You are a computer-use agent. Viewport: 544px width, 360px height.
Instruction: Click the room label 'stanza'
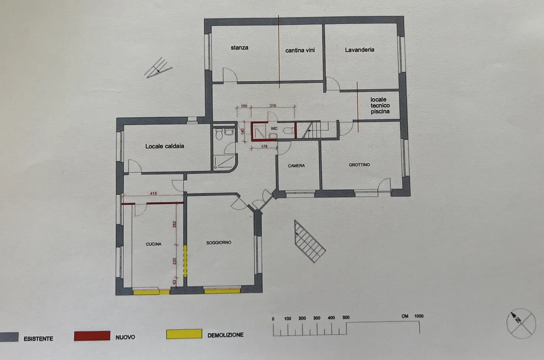[x=240, y=48]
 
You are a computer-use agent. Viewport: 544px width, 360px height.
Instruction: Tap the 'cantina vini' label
[x=300, y=50]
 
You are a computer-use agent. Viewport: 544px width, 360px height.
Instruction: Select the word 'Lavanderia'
[x=359, y=50]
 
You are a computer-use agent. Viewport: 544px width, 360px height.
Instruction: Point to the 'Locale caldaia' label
[x=165, y=146]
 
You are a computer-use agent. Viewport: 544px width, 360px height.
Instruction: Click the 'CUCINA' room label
[x=153, y=244]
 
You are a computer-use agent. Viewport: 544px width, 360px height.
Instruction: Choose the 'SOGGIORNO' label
[x=219, y=243]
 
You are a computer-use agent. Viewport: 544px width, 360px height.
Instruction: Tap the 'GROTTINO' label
[x=359, y=165]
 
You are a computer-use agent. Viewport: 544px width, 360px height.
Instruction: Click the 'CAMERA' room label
[x=296, y=166]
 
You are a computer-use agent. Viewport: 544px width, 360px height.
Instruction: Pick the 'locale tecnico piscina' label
[x=380, y=105]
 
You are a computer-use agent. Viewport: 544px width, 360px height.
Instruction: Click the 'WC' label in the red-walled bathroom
[x=274, y=128]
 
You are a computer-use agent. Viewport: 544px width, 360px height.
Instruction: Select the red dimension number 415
[x=153, y=194]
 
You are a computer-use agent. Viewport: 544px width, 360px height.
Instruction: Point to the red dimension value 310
[x=273, y=106]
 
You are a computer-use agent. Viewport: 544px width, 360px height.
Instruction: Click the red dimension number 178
[x=264, y=147]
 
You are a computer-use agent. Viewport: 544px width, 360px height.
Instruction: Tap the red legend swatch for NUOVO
[x=92, y=336]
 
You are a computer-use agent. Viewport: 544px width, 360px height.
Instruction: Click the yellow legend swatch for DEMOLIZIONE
[x=184, y=334]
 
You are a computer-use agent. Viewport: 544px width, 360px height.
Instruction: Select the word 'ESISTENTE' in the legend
[x=39, y=338]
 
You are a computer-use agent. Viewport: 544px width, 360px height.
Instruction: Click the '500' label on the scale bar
[x=346, y=317]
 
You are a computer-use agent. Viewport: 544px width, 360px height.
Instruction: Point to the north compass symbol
[x=521, y=323]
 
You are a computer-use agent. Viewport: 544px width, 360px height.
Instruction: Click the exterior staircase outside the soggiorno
[x=309, y=241]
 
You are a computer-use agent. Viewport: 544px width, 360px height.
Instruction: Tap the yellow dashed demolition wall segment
[x=185, y=261]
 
